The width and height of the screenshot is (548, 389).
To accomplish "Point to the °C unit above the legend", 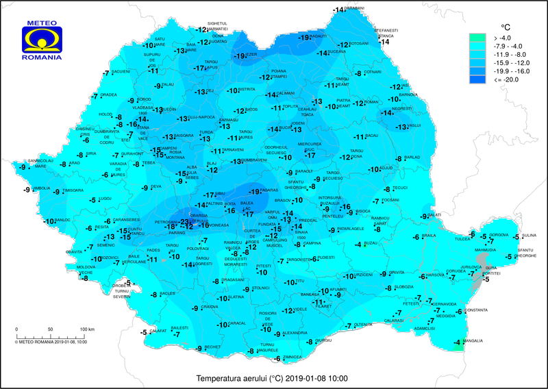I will pyautogui.click(x=506, y=26).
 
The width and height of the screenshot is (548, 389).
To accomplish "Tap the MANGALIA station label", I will pyautogui.click(x=475, y=340).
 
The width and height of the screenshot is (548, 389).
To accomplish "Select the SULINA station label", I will pyautogui.click(x=528, y=236).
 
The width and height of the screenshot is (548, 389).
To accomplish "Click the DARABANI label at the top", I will pyautogui.click(x=354, y=8).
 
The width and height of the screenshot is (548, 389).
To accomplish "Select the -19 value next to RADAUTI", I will pyautogui.click(x=304, y=38).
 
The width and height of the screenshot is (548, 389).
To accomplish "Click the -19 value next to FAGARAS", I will pyautogui.click(x=254, y=191).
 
